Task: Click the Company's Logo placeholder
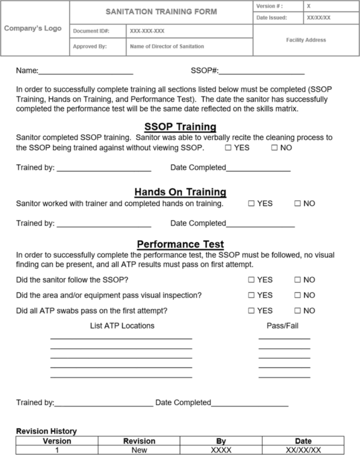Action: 33,28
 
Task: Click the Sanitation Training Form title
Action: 161,11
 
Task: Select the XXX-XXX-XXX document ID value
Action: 147,31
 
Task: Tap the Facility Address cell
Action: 306,40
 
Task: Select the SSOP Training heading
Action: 180,126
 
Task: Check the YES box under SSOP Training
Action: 228,148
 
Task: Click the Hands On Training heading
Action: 180,191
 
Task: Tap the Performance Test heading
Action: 180,244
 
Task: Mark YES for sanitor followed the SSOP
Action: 251,280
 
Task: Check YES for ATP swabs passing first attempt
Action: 251,310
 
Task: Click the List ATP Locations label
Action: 122,326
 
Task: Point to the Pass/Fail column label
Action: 282,326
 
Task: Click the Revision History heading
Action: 46,431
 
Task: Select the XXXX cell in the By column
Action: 221,450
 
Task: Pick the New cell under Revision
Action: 139,450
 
